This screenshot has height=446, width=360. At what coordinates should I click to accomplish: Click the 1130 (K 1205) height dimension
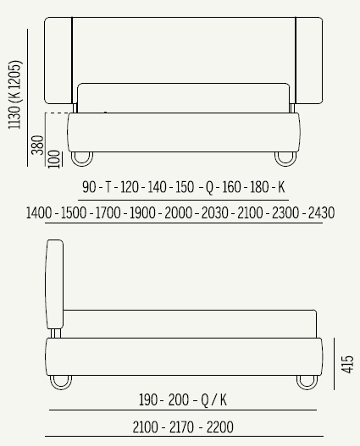click(14, 95)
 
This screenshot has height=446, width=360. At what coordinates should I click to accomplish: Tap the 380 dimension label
click(37, 145)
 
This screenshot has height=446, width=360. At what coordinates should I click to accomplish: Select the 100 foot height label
click(54, 159)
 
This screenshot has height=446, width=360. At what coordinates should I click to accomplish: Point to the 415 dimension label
click(347, 364)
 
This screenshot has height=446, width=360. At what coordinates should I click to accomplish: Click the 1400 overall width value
click(39, 212)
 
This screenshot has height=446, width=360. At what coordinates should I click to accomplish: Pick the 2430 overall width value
click(322, 212)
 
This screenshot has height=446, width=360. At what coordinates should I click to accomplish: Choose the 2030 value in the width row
click(215, 212)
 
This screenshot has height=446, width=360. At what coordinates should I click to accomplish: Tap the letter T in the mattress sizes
click(108, 187)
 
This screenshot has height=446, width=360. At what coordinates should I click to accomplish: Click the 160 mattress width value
click(231, 187)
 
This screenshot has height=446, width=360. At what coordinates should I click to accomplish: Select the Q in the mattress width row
click(209, 188)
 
